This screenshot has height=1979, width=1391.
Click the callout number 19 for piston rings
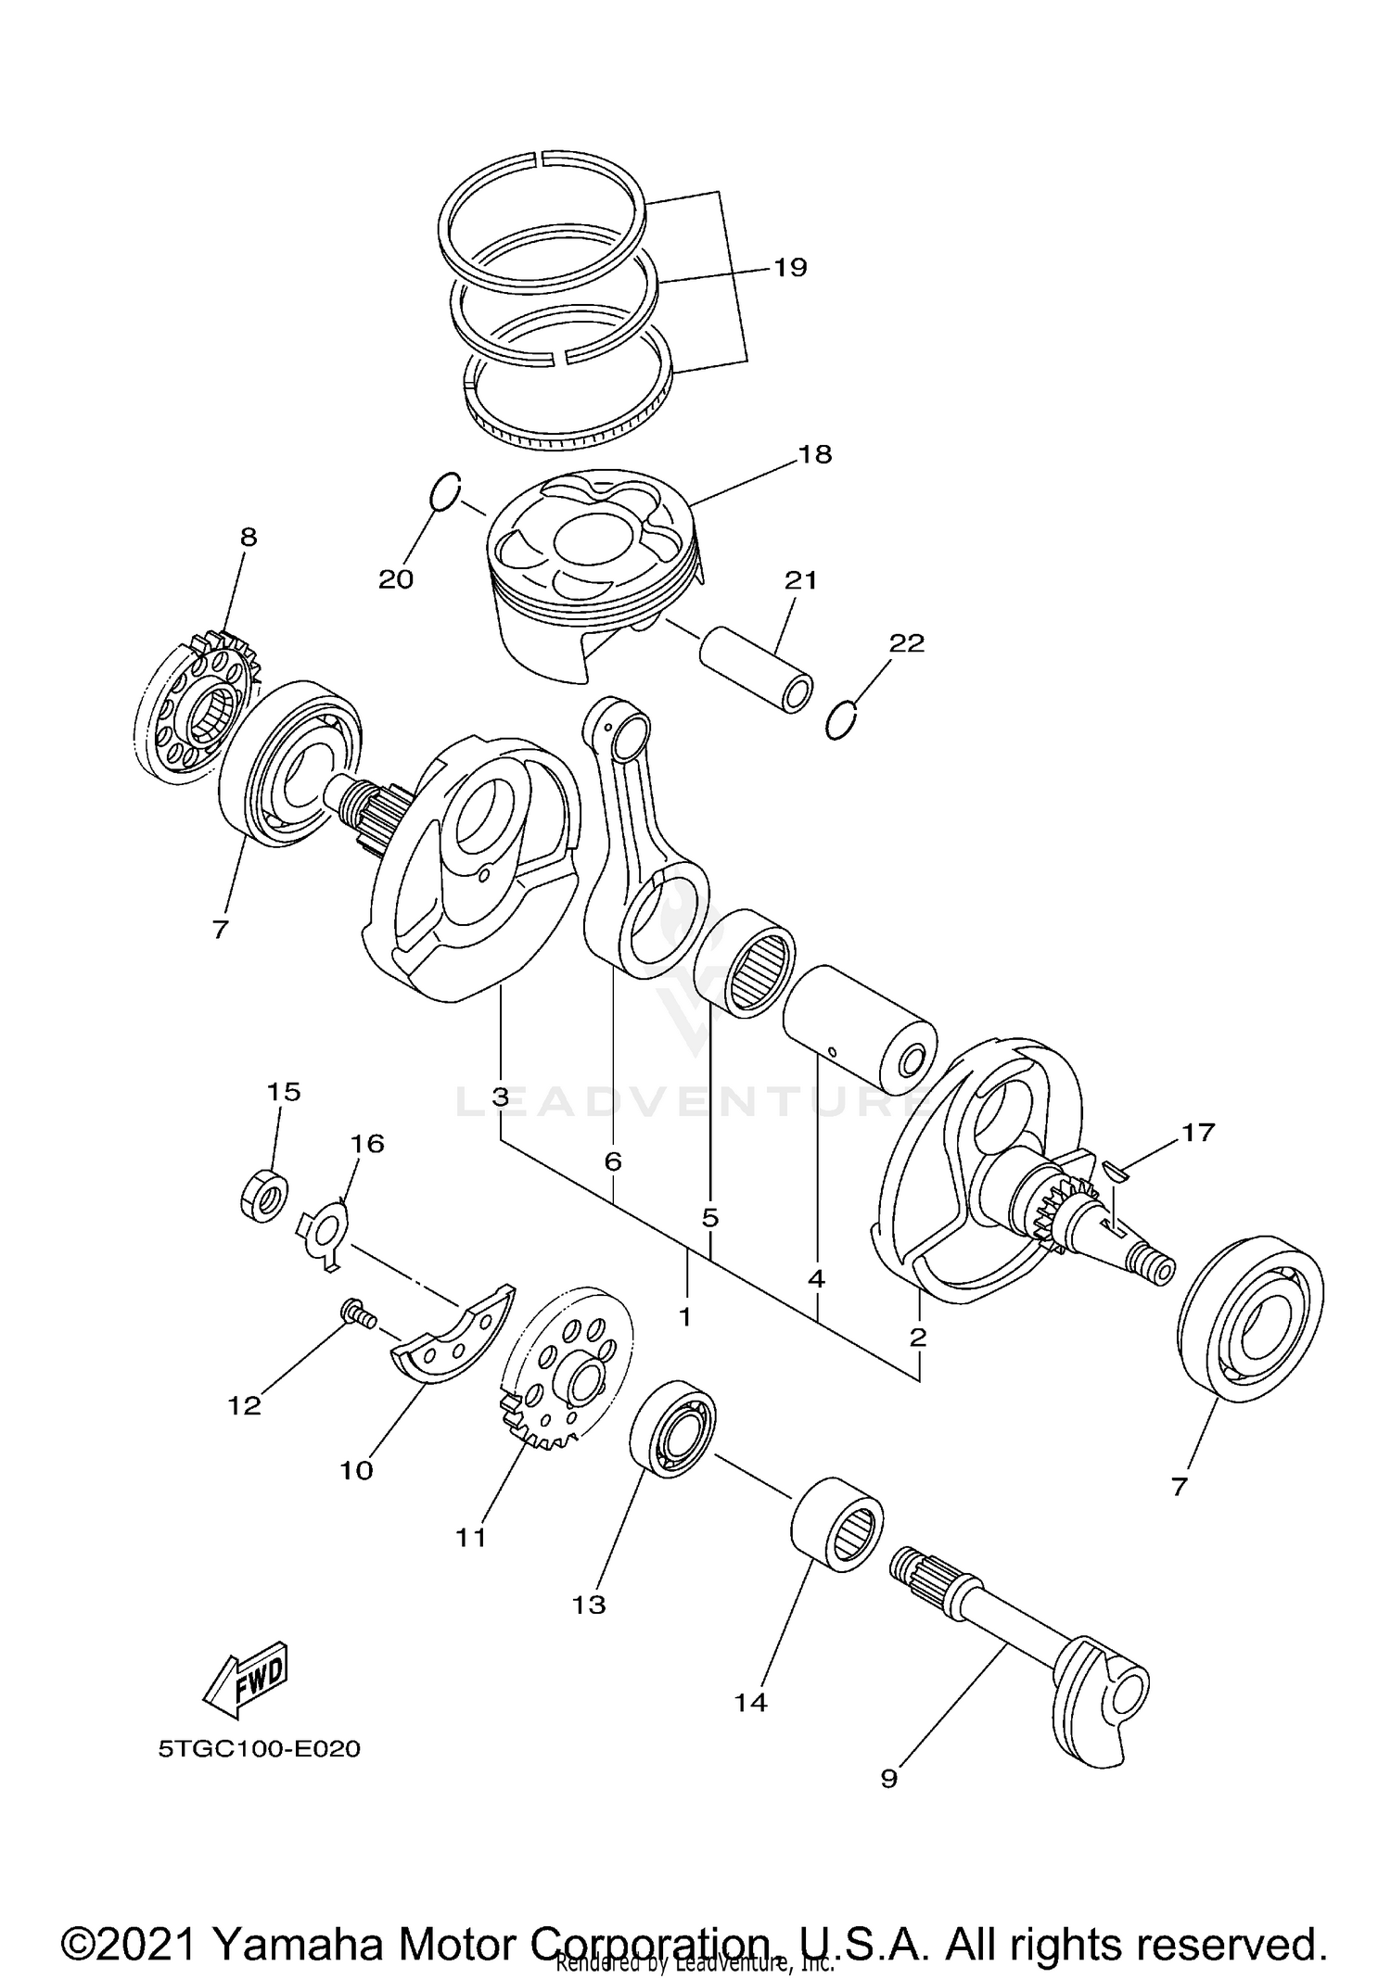(x=790, y=268)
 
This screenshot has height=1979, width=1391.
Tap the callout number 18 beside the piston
(x=815, y=454)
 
